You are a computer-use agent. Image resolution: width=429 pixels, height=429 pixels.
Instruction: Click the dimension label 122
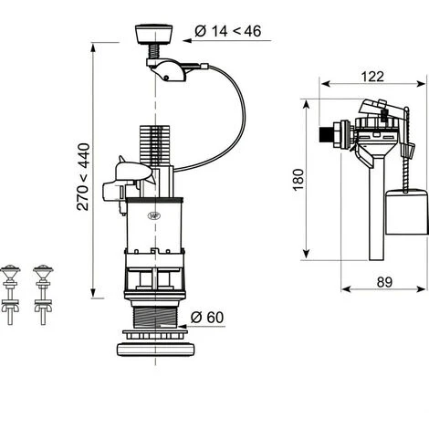click(x=372, y=77)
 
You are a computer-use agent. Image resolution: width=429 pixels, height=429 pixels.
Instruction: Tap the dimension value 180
click(x=298, y=180)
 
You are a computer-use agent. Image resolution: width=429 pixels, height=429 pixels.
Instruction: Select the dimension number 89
click(x=384, y=282)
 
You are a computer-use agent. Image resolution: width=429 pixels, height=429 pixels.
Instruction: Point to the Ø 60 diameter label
click(x=207, y=318)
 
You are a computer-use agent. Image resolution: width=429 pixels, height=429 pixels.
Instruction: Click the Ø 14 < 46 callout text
click(x=228, y=31)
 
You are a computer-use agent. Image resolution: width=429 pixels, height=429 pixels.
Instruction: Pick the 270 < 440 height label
click(x=83, y=177)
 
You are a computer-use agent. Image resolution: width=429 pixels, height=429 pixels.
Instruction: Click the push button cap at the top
click(x=153, y=34)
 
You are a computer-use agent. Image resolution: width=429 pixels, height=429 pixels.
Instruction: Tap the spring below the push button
click(x=154, y=51)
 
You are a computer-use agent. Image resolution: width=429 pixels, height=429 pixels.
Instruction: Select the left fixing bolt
click(x=10, y=295)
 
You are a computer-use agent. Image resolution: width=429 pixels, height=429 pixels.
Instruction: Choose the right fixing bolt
click(x=43, y=295)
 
